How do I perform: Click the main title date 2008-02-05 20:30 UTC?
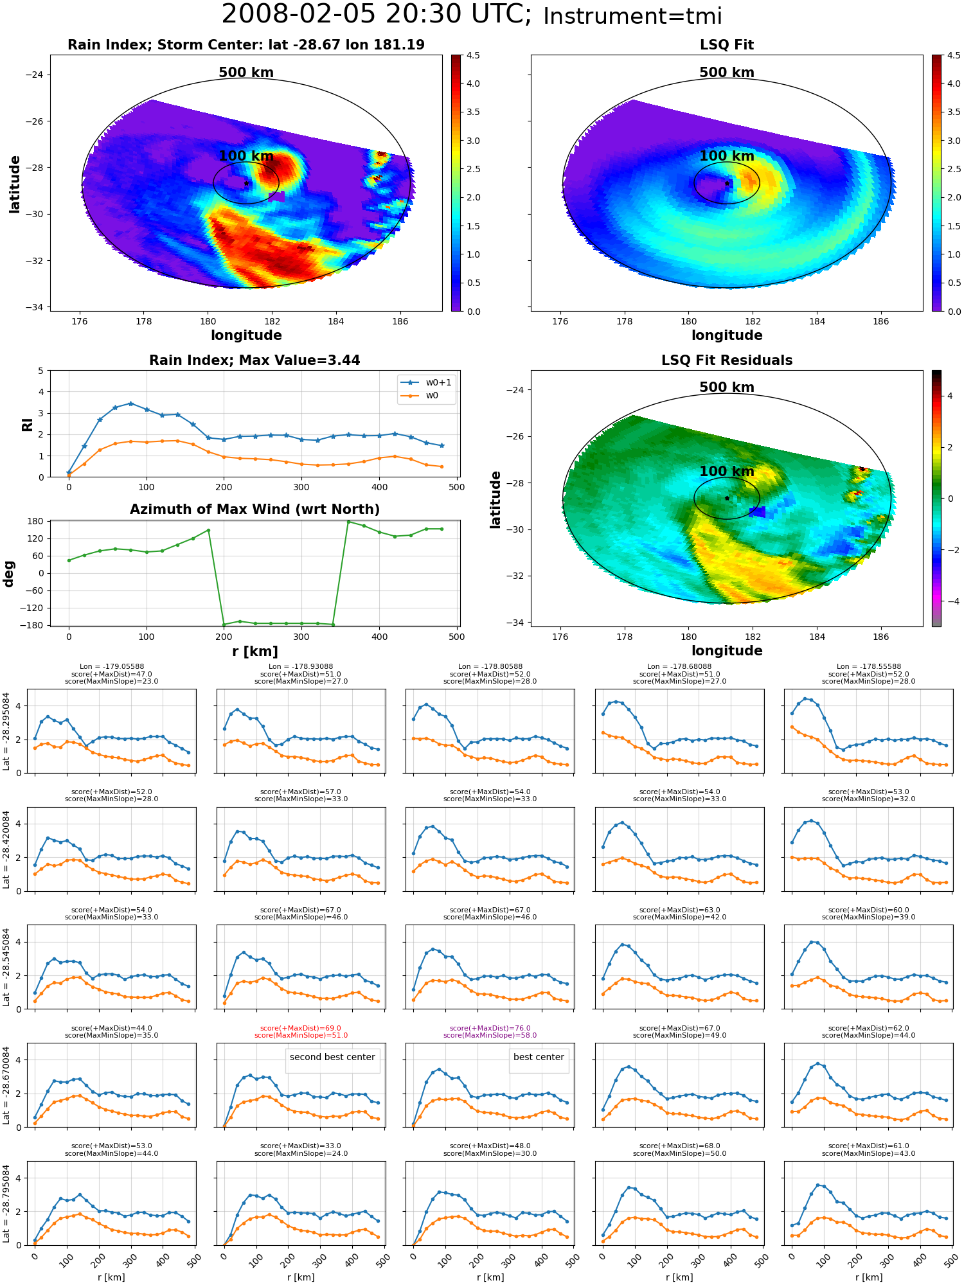coord(377,15)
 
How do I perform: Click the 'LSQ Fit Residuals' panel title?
coord(727,360)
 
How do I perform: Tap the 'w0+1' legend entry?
coord(427,382)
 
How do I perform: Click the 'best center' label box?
coord(539,1057)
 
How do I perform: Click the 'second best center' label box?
coord(332,1057)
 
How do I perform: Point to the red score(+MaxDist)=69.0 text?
coord(301,1028)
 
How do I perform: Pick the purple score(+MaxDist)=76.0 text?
coord(490,1028)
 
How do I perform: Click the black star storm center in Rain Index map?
coord(246,183)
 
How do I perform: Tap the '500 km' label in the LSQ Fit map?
coord(727,73)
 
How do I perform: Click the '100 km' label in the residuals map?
coord(727,472)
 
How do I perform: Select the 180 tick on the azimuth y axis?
coord(36,521)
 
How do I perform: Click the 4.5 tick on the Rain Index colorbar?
coord(473,56)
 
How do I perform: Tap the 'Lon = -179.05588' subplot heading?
coord(111,667)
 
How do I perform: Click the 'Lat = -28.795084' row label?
coord(6,1203)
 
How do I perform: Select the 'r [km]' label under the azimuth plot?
coord(255,651)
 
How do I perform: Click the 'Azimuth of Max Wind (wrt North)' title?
coord(255,510)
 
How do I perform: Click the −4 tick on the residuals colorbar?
coord(949,601)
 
